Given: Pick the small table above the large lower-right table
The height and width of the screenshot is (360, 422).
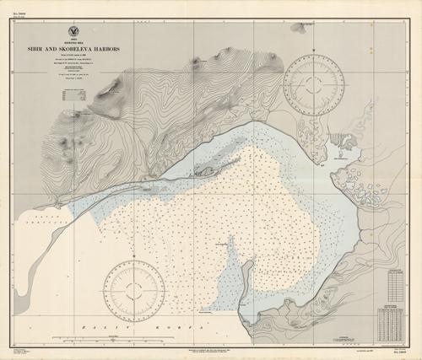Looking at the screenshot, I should [x=394, y=279].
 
